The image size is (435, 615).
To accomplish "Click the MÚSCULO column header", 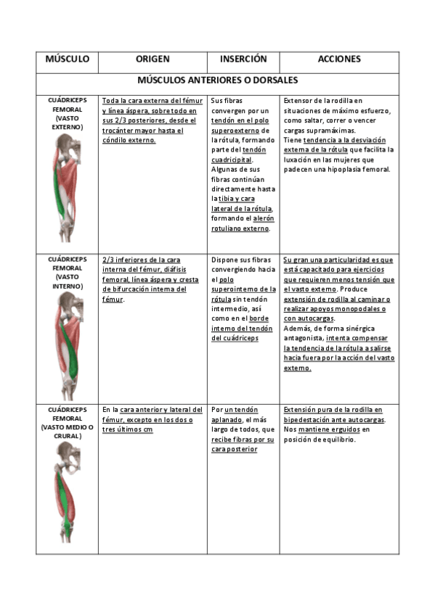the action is (x=67, y=59).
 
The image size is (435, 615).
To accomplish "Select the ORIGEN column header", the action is (x=153, y=59).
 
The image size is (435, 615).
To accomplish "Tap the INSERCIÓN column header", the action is (x=243, y=59).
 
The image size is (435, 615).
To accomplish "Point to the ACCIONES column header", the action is (x=338, y=59).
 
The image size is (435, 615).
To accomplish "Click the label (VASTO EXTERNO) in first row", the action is (x=67, y=122).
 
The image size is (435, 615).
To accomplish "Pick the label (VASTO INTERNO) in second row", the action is (x=67, y=281).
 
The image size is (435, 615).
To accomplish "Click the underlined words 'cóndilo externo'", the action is (x=129, y=141).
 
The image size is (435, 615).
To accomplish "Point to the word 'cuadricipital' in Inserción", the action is (x=232, y=160).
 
